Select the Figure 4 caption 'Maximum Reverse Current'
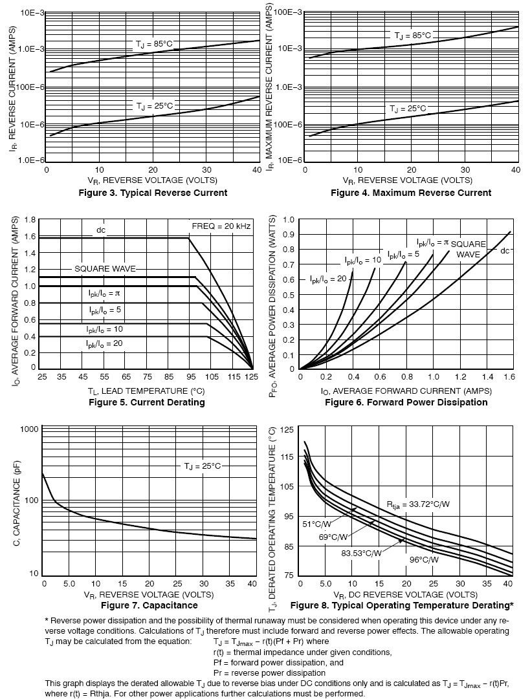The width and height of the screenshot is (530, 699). pos(411,193)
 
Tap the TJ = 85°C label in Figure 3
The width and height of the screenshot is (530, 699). pos(154,44)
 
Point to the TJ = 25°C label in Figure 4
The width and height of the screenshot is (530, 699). pos(408,109)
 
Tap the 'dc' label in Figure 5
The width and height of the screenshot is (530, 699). pos(101,230)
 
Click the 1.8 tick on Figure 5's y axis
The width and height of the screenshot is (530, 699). pos(29,220)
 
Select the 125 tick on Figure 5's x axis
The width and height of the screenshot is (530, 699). pos(253,376)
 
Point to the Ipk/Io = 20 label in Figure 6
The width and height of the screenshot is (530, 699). pos(327,279)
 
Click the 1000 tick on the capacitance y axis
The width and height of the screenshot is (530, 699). pos(30,429)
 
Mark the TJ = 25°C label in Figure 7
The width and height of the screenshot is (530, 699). pos(203,466)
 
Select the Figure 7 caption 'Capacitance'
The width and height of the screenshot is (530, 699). pos(149,605)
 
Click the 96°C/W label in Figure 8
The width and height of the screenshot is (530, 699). pos(424,560)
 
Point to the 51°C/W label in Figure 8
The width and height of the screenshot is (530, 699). pos(318,524)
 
